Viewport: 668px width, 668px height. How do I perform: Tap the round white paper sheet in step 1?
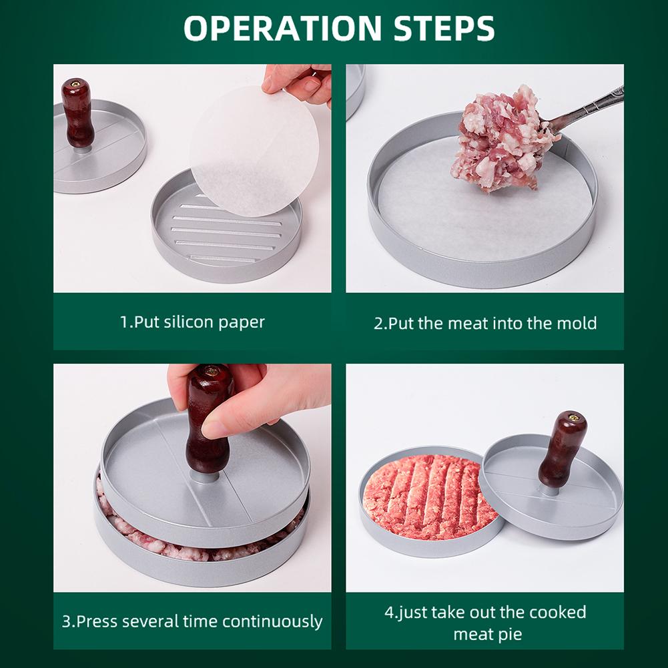pos(254,150)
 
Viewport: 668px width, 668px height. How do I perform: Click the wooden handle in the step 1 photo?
pos(78,113)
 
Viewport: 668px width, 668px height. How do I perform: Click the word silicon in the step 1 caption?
pos(188,322)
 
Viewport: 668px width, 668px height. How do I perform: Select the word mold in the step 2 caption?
pos(575,324)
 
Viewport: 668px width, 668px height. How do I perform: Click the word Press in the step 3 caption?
pos(97,621)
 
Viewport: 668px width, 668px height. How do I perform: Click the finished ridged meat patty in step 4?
pos(427,497)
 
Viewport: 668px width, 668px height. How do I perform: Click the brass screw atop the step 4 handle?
pos(573,416)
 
